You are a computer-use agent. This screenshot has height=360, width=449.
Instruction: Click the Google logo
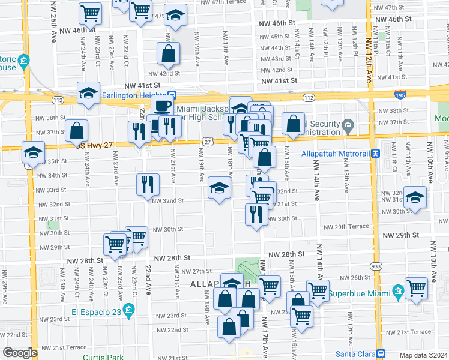point(19,353)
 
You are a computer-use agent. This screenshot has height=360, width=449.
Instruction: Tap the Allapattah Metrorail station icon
point(375,153)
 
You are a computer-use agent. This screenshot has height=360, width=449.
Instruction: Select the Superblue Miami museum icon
point(397,292)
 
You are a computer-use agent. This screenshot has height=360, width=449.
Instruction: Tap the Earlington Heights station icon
point(172,95)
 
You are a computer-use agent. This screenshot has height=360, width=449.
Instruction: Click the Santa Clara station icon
point(381,353)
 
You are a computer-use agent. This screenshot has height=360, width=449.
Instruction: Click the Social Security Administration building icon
point(347,126)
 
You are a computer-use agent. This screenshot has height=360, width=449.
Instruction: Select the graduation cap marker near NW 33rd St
point(220,189)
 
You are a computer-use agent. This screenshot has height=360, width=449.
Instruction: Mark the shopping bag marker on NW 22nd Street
point(229,328)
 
